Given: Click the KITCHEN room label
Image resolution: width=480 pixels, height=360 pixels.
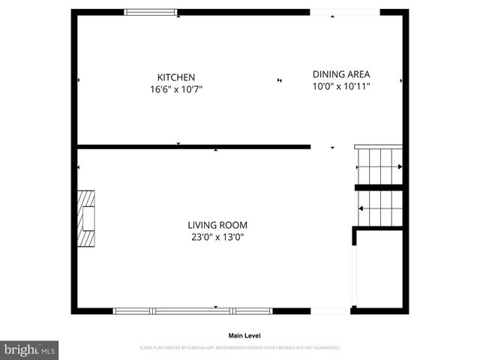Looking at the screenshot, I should coord(176,77).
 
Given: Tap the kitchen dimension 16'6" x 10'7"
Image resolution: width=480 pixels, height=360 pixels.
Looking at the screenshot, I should coord(176,88).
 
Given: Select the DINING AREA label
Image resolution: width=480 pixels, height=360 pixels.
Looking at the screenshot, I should coord(341,74).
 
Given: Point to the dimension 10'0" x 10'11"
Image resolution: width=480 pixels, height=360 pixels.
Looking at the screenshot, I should coord(341,85).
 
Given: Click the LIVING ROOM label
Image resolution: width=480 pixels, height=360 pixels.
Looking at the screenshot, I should coord(217,225).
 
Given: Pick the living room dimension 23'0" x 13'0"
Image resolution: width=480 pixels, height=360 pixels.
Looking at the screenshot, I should coord(217,237).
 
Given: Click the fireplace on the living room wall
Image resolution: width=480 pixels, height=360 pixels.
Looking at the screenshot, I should coord(86,217).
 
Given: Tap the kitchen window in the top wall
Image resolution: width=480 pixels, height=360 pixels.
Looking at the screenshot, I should coord(151,12).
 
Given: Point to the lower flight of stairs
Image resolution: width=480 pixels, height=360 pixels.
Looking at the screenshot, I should coord(380,207).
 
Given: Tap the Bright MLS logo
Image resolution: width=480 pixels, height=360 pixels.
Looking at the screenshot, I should coord(29,349).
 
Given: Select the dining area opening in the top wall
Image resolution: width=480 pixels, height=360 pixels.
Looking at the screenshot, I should coord(345,12).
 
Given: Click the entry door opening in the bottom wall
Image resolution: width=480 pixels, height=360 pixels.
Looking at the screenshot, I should coord(330,310).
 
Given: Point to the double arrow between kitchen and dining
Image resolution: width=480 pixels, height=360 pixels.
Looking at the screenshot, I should coord(280,80).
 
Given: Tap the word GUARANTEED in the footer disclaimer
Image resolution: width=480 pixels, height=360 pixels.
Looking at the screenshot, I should coord(325,348).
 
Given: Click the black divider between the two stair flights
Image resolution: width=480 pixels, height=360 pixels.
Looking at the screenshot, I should coord(379,187).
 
